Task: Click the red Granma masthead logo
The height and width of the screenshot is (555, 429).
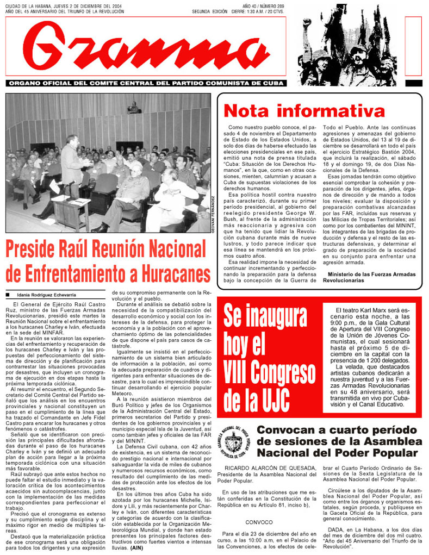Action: click(147, 49)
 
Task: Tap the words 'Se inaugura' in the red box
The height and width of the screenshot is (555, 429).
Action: click(265, 316)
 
